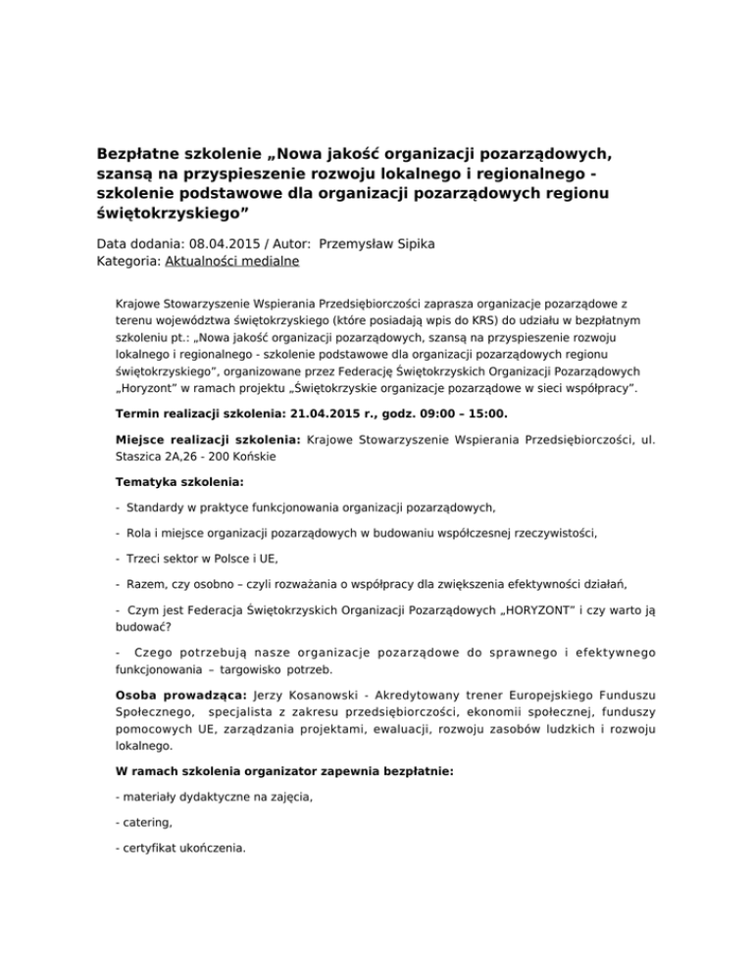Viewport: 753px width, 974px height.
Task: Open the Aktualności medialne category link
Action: [238, 262]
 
